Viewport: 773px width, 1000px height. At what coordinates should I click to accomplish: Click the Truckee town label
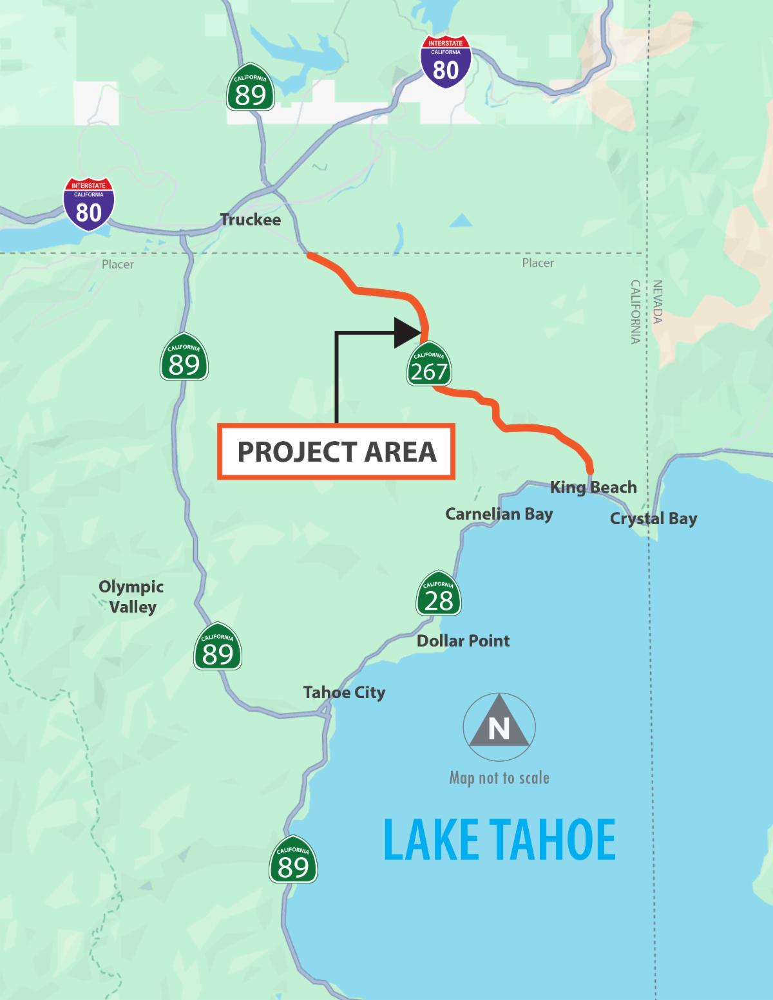(x=251, y=220)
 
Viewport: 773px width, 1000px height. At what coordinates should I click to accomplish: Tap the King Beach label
(x=593, y=487)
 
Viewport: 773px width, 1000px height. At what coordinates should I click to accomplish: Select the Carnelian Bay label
(x=499, y=514)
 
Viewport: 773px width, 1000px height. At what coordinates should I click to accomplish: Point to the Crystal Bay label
(x=653, y=518)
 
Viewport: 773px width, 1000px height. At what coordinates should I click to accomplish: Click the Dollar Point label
(x=463, y=641)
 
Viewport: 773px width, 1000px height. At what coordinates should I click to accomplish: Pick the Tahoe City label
(x=344, y=692)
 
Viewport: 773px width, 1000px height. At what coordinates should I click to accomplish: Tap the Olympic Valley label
(x=131, y=596)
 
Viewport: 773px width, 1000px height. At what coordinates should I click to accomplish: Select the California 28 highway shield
(x=439, y=593)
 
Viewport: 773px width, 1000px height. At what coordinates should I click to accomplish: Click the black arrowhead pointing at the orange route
(x=408, y=333)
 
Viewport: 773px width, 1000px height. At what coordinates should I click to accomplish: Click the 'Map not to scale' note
(x=499, y=778)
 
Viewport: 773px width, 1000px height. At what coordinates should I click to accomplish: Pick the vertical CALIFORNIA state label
(x=635, y=312)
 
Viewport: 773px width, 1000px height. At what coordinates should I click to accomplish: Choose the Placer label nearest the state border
(x=538, y=263)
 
